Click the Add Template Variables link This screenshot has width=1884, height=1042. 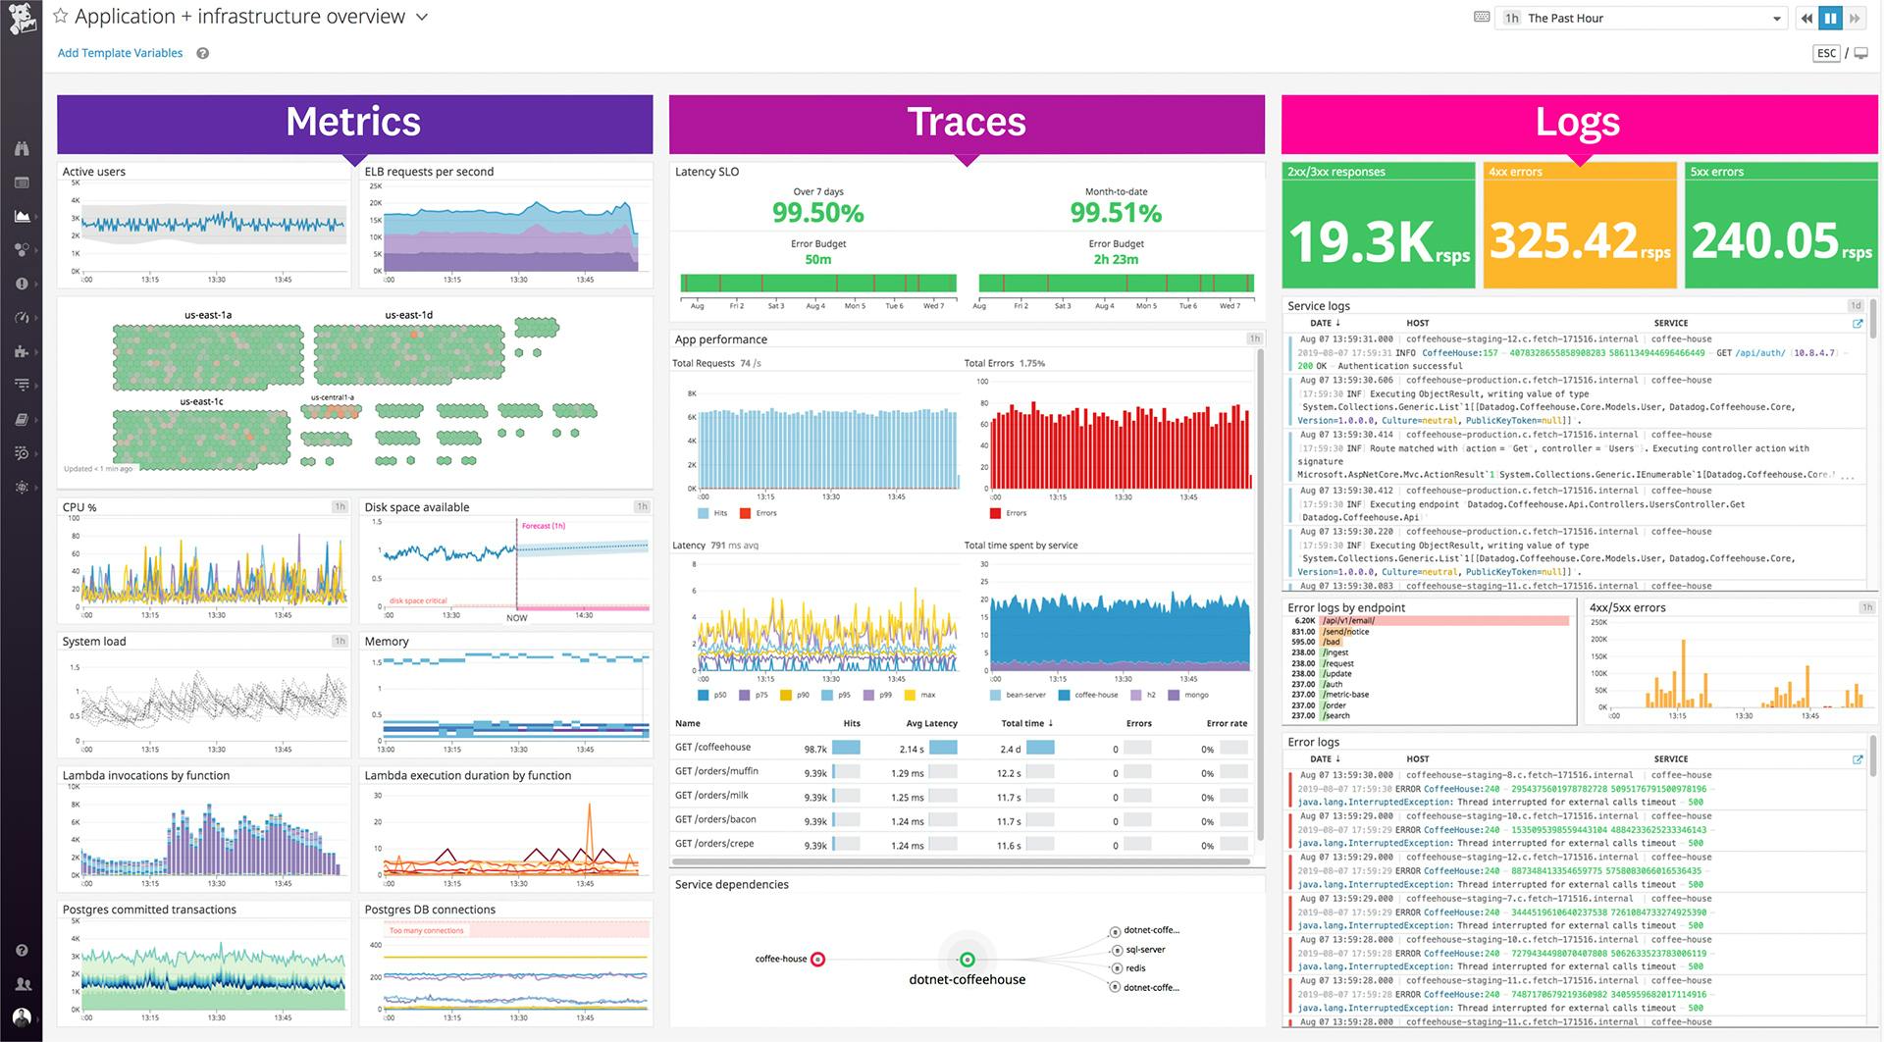pos(120,53)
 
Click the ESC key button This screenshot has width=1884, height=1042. pos(1825,53)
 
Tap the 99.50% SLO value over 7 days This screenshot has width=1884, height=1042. pos(817,213)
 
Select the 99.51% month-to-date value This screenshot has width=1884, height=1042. pos(1116,213)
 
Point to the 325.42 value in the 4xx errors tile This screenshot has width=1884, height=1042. pos(1563,240)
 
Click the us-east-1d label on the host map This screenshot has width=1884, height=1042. pos(408,315)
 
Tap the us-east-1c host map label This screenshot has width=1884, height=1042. pos(202,401)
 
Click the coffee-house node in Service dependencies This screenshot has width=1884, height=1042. pos(817,960)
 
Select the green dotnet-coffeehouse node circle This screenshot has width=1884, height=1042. pos(967,960)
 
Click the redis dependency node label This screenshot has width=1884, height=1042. pos(1135,968)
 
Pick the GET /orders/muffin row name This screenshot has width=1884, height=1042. pos(716,772)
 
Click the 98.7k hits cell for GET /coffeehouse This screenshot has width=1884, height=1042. pos(815,749)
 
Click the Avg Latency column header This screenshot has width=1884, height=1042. pos(931,724)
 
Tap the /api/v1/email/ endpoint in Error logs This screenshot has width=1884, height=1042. pos(1348,621)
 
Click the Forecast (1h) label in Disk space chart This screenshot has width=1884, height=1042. pos(543,526)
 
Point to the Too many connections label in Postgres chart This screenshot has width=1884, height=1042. pos(426,930)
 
